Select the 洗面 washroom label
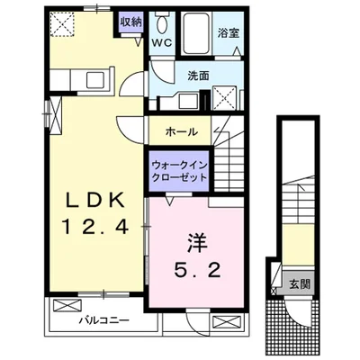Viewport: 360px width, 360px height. pos(198,76)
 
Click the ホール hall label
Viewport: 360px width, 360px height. pos(183,132)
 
